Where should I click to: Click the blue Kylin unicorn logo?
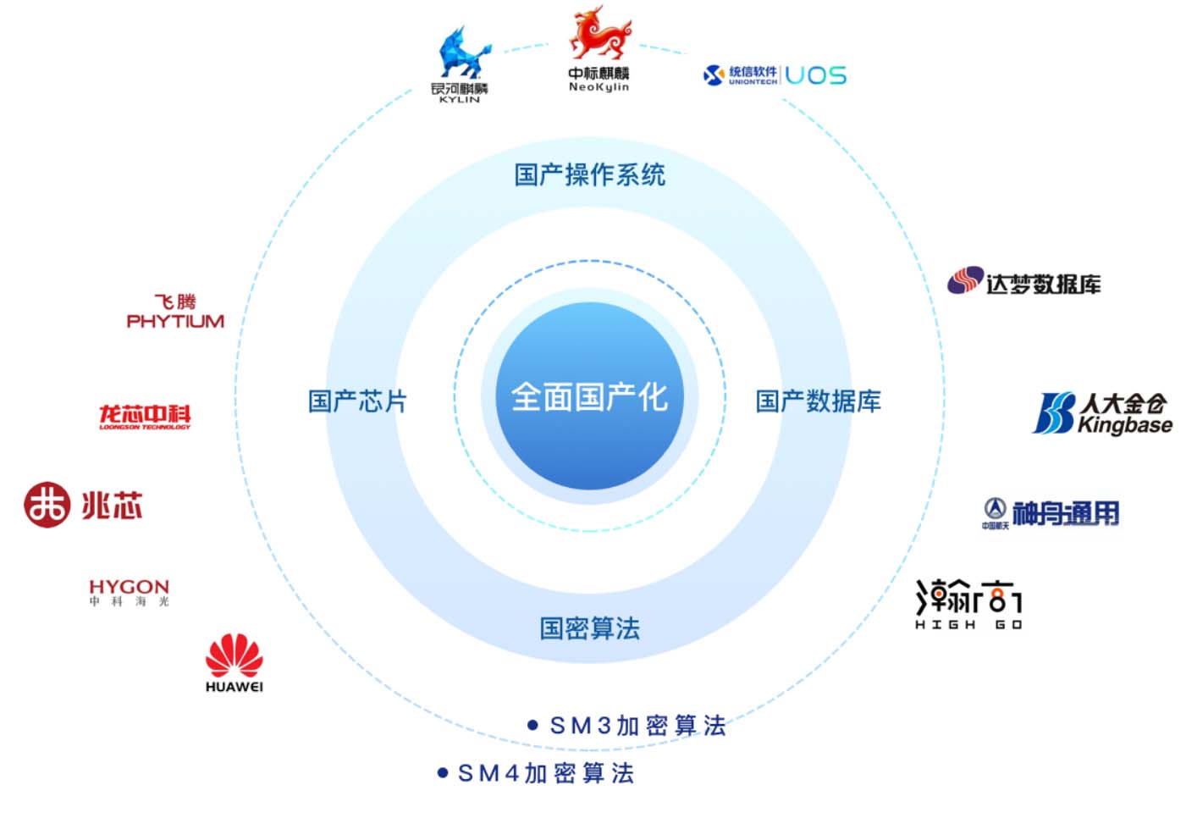(463, 53)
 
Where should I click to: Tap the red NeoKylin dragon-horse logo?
(599, 35)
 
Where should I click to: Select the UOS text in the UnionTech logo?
(815, 75)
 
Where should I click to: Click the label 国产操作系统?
(590, 174)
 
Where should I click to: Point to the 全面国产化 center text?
(589, 396)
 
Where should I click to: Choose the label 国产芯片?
(357, 401)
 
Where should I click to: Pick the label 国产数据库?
(818, 401)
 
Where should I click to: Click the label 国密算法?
(590, 628)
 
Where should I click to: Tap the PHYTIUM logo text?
(175, 321)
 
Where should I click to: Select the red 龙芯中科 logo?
(145, 414)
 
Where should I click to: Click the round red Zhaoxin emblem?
(46, 505)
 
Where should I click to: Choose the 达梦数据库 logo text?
(1043, 285)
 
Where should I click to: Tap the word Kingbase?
(1125, 425)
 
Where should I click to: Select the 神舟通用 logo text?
(1065, 513)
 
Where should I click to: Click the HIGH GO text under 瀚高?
(968, 625)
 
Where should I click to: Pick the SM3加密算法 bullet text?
(637, 726)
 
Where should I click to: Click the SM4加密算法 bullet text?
(545, 773)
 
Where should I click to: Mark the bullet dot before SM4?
(442, 772)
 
